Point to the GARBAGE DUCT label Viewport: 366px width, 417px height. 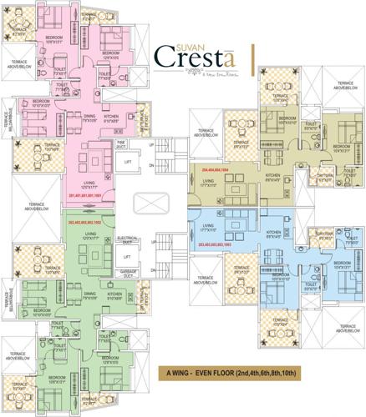(128, 273)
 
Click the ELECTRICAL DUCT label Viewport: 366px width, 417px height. (128, 239)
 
